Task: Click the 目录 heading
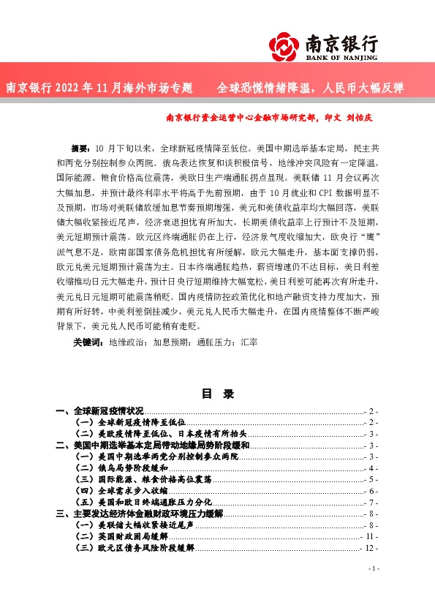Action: [x=217, y=394]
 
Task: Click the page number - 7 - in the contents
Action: [x=371, y=503]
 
